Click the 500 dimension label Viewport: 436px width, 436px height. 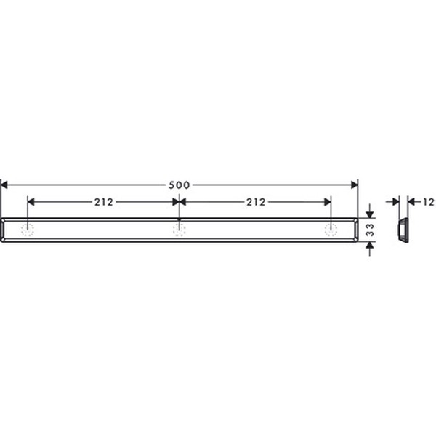click(179, 185)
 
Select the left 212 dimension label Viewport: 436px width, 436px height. click(104, 202)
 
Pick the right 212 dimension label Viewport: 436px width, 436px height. click(256, 202)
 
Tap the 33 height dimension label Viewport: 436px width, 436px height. click(370, 230)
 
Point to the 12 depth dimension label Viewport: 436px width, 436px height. click(429, 202)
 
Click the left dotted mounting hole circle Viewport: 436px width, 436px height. click(28, 230)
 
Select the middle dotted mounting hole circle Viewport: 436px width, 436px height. click(179, 230)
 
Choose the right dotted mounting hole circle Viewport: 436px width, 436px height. click(331, 230)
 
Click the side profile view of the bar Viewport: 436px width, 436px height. click(403, 230)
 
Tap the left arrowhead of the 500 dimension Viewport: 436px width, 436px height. click(4, 185)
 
